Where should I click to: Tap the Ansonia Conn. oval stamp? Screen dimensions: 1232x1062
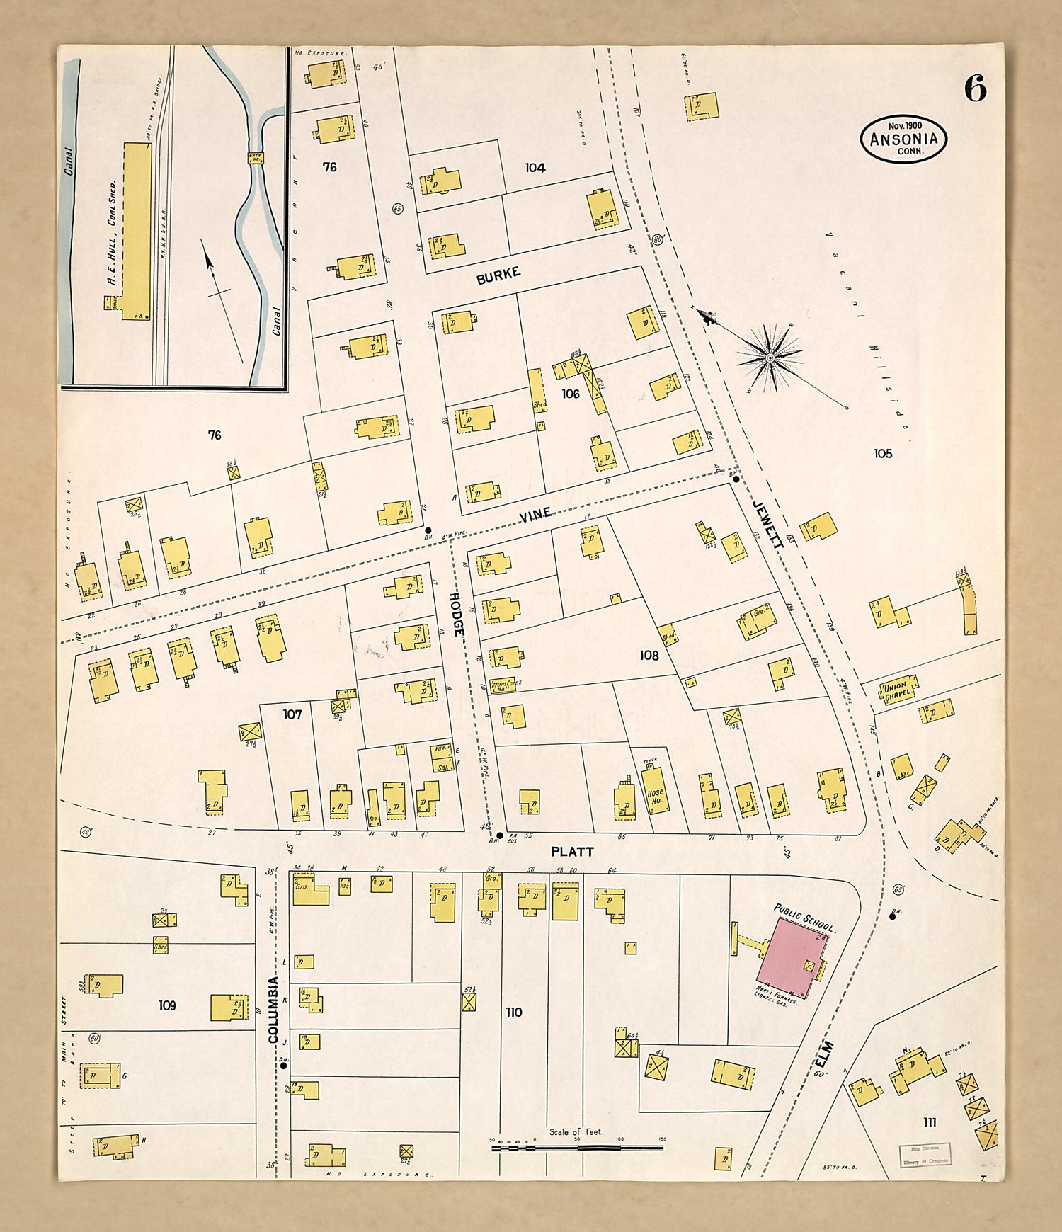pos(903,139)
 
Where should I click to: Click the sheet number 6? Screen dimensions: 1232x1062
pos(974,89)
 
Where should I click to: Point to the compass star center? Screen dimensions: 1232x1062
pos(770,358)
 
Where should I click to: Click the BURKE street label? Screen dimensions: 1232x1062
pos(498,275)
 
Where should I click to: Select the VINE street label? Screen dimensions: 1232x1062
pos(535,515)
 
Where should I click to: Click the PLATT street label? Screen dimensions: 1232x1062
pos(573,852)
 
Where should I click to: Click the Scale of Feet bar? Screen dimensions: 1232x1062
pos(577,1147)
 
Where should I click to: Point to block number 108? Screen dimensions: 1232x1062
pos(649,656)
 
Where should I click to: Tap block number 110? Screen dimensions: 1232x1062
pos(514,1013)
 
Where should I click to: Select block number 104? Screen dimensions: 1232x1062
pos(535,168)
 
